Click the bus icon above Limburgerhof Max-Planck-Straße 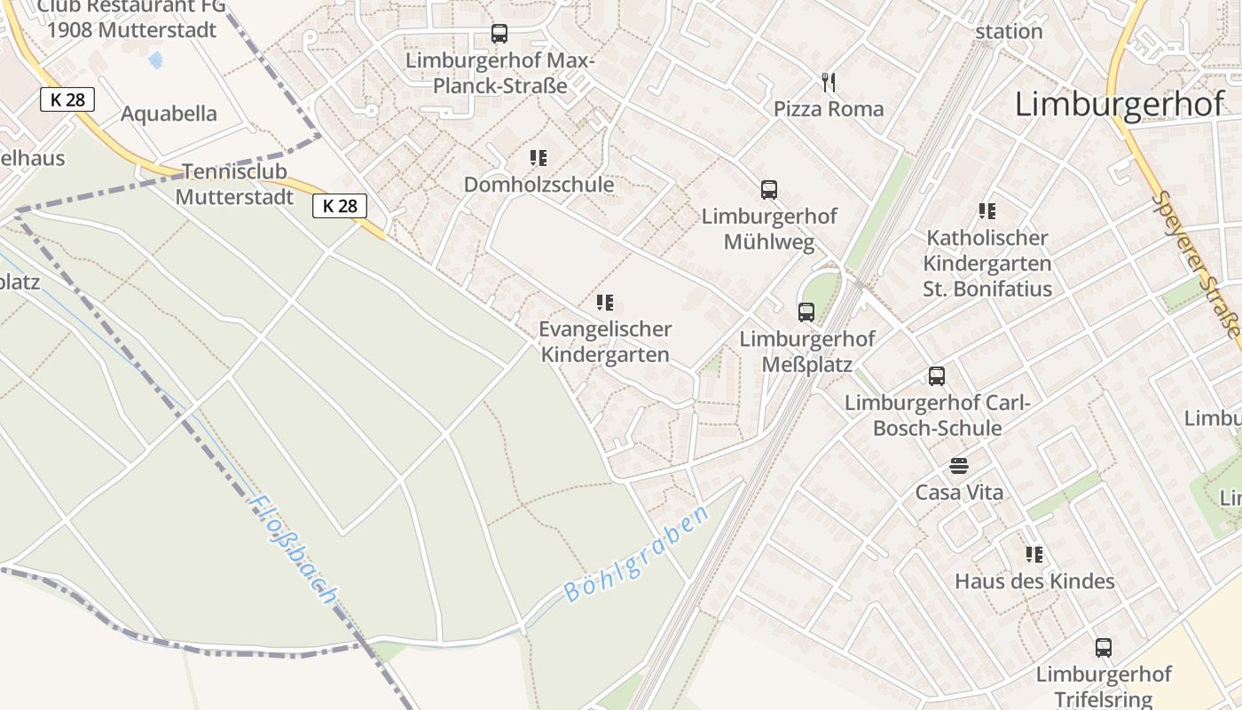[x=499, y=34]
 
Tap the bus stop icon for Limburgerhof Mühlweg [x=768, y=189]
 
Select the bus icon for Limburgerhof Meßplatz [x=806, y=312]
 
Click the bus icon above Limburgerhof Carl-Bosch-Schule [x=937, y=375]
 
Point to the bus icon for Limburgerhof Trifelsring [x=1103, y=647]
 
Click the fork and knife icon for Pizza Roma [x=829, y=83]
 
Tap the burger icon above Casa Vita [x=958, y=466]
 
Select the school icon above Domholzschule [x=538, y=158]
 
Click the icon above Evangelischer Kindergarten [x=605, y=303]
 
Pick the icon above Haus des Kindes [x=1034, y=555]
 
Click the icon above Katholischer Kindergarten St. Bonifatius [x=987, y=211]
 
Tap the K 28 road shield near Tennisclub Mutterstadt [x=340, y=206]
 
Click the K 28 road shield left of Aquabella [x=67, y=99]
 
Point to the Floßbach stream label [x=292, y=550]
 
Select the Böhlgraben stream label [x=637, y=555]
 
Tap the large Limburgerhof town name [x=1119, y=105]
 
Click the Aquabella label [x=169, y=114]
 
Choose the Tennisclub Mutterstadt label [x=234, y=184]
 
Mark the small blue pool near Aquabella [x=156, y=59]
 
